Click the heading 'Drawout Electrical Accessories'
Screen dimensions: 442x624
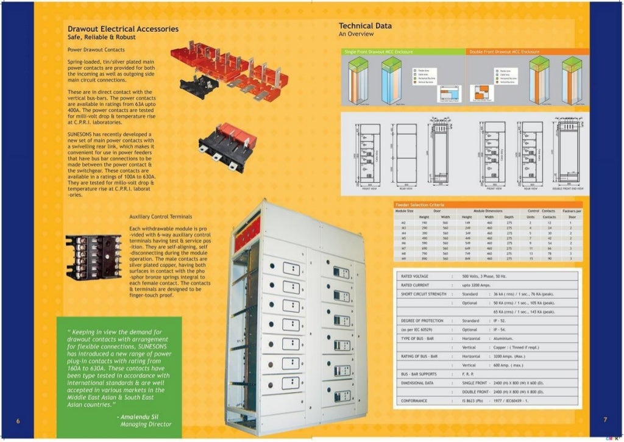[x=122, y=29]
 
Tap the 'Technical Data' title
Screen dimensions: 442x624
[x=365, y=26]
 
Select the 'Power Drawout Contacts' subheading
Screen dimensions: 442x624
[x=96, y=49]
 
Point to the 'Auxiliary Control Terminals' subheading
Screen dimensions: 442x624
[x=160, y=216]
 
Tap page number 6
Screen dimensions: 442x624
[x=18, y=420]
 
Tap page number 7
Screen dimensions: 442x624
[x=605, y=419]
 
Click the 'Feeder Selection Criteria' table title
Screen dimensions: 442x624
[x=420, y=204]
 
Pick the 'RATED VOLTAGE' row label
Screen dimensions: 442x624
[x=414, y=276]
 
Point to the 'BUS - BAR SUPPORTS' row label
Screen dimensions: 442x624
[x=417, y=374]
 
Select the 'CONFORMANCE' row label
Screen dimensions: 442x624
[x=414, y=401]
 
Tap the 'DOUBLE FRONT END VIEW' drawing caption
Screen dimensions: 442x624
[x=567, y=189]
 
